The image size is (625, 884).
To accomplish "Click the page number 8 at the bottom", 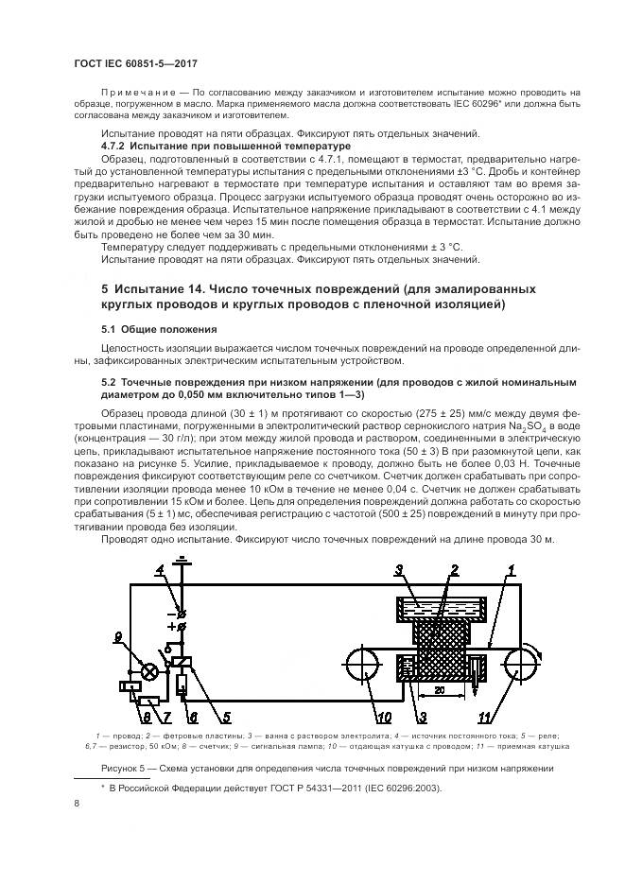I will pos(77,803).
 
